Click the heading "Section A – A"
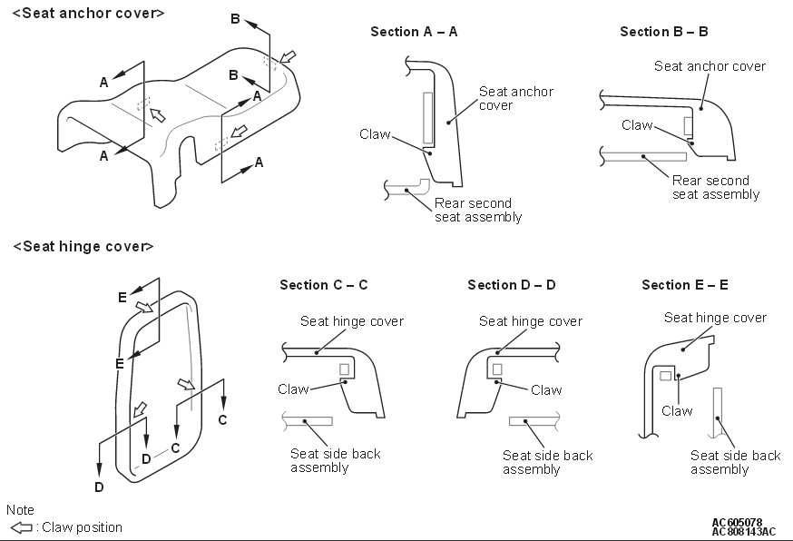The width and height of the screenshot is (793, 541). click(414, 32)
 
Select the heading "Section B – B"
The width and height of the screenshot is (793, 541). click(664, 32)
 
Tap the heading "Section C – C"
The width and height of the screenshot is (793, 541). click(323, 285)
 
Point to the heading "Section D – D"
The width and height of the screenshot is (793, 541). click(512, 285)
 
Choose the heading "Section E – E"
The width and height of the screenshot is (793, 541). click(685, 285)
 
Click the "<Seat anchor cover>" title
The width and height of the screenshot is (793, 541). click(88, 14)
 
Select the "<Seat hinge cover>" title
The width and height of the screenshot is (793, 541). click(83, 246)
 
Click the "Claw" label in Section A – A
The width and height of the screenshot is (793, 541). click(374, 134)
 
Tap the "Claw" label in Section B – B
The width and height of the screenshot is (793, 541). click(637, 125)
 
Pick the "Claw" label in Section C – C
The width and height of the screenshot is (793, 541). click(293, 389)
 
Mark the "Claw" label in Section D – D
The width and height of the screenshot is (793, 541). click(546, 390)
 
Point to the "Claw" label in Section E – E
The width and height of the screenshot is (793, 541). click(677, 410)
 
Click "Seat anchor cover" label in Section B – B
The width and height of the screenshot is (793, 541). click(710, 66)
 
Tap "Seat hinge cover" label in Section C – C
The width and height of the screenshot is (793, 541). click(352, 321)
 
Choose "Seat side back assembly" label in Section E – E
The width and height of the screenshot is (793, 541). click(735, 462)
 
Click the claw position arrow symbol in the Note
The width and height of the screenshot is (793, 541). click(20, 527)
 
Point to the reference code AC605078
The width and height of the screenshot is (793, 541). click(737, 522)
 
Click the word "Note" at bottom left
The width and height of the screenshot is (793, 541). click(20, 510)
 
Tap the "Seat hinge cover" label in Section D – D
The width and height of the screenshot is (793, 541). click(531, 321)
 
